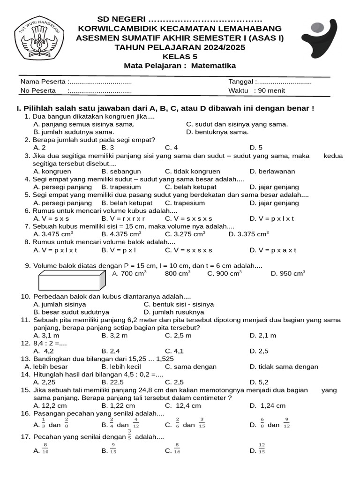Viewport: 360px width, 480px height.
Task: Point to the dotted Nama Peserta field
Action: point(100,82)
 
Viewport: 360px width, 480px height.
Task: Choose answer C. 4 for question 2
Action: point(172,147)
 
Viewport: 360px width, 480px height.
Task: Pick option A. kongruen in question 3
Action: point(52,171)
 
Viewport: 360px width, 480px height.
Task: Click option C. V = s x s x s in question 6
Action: point(188,218)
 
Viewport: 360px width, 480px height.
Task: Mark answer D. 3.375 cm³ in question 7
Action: point(248,234)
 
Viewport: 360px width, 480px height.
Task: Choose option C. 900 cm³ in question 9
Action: point(225,273)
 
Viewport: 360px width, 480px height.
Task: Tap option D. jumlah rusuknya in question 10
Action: point(174,312)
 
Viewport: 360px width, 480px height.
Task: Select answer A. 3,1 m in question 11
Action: point(46,335)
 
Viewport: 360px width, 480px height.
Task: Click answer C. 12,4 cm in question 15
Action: point(183,405)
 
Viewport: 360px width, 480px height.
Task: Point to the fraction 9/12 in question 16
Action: point(287,423)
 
